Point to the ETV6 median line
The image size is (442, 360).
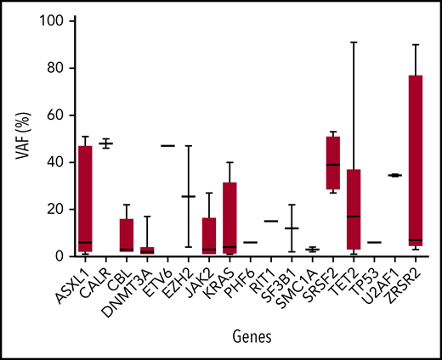click(168, 145)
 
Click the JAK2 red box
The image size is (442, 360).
click(209, 236)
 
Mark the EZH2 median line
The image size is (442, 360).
click(189, 196)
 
